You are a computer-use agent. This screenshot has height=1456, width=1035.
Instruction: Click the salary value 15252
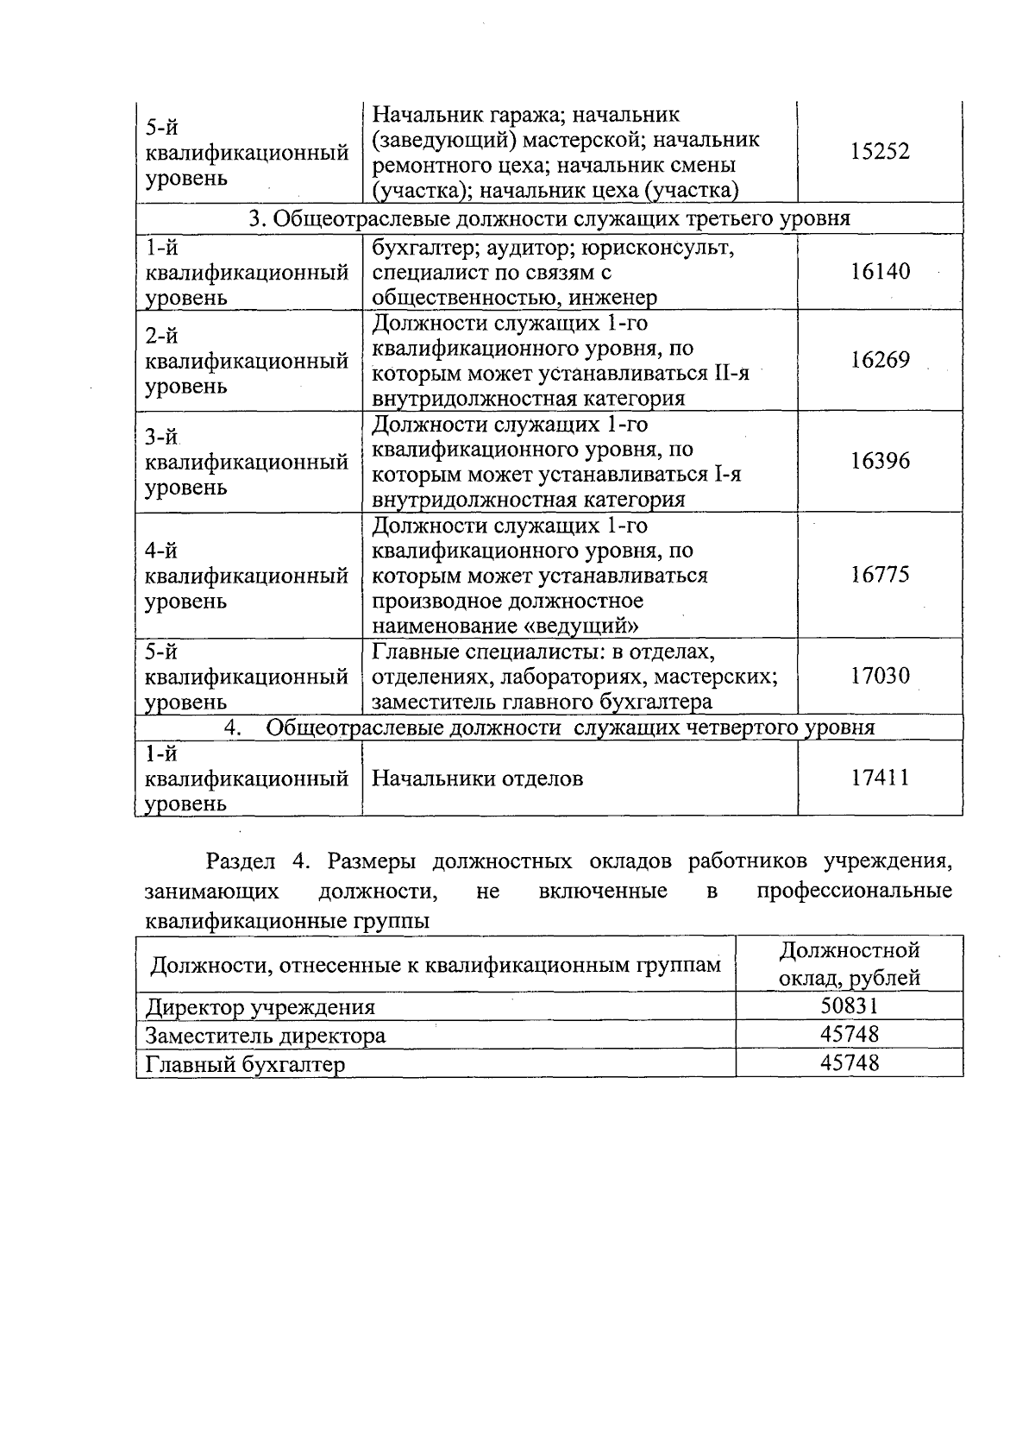pyautogui.click(x=880, y=152)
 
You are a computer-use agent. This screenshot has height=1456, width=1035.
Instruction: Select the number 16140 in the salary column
pyautogui.click(x=880, y=272)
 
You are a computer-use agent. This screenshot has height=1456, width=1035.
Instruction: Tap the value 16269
pyautogui.click(x=880, y=360)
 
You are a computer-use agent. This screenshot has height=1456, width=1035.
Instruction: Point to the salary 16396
pyautogui.click(x=880, y=461)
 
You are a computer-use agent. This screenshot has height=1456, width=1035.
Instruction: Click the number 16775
pyautogui.click(x=880, y=575)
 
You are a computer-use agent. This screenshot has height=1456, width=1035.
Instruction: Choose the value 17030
pyautogui.click(x=880, y=676)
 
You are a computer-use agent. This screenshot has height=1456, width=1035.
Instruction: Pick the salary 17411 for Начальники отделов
pyautogui.click(x=880, y=778)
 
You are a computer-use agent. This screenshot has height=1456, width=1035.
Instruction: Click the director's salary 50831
pyautogui.click(x=850, y=1005)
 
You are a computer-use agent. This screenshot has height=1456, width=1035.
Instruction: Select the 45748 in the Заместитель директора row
pyautogui.click(x=850, y=1034)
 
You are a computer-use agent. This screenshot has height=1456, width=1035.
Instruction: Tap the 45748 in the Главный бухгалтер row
pyautogui.click(x=850, y=1062)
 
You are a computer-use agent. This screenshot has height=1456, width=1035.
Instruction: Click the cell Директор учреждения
pyautogui.click(x=260, y=1007)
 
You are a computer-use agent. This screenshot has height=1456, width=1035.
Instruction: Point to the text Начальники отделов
pyautogui.click(x=477, y=778)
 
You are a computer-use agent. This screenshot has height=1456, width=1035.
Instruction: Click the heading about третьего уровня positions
pyautogui.click(x=549, y=218)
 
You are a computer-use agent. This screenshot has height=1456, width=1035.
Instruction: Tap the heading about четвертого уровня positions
pyautogui.click(x=569, y=728)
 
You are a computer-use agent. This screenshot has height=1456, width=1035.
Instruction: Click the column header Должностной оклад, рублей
pyautogui.click(x=850, y=964)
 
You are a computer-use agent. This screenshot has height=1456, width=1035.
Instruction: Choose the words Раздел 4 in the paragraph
pyautogui.click(x=257, y=861)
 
